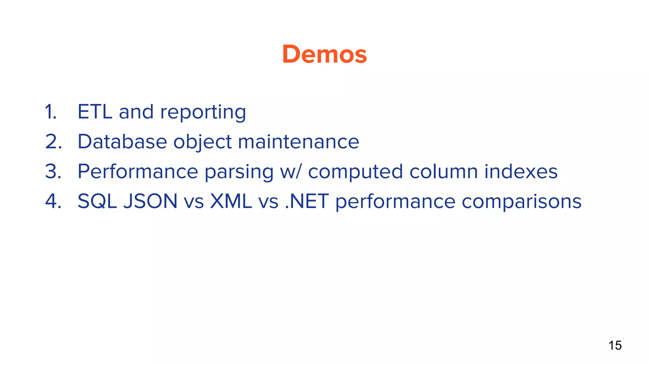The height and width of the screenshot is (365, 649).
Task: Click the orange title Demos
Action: pos(324,54)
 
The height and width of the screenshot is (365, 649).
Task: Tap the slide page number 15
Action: pos(615,345)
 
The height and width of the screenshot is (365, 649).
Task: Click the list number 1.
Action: pos(51,112)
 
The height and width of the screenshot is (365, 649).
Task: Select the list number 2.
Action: pos(53,142)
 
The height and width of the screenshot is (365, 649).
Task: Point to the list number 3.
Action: pos(53,171)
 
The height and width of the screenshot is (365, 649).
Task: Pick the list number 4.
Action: pos(53,201)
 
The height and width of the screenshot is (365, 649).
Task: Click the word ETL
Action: pos(95,112)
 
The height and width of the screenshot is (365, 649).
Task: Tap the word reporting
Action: pos(203,112)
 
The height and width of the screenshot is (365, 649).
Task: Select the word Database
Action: pos(122,142)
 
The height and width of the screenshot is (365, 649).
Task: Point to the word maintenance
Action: pos(298,142)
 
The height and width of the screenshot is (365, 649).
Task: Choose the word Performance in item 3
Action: pos(138,171)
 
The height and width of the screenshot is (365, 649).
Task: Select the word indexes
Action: pos(521,171)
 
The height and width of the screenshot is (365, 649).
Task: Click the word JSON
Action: pos(150,201)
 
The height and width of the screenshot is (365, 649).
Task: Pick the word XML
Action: pos(231,201)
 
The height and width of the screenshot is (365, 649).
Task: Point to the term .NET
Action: pos(307,201)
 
